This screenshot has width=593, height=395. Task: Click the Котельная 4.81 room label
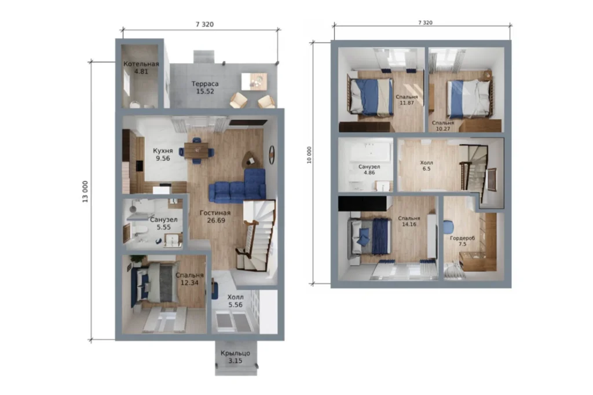141,68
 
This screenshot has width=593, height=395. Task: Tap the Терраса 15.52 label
205,87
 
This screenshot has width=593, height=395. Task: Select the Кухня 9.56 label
163,154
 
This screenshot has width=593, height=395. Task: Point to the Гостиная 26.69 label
215,216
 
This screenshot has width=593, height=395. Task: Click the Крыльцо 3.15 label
235,357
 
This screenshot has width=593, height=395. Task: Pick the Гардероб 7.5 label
463,241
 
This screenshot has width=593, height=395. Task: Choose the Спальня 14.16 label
409,222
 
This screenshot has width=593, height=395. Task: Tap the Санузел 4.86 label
369,169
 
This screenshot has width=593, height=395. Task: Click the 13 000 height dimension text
85,191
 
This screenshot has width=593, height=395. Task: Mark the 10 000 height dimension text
309,155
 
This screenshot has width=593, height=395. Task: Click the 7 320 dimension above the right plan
426,23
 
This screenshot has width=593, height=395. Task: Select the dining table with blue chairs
197,151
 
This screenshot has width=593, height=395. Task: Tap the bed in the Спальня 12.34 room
155,282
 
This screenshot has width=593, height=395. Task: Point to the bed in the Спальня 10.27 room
469,98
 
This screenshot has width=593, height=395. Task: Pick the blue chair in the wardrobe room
449,227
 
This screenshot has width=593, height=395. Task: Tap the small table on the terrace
254,81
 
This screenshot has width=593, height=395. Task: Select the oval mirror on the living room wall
272,155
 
